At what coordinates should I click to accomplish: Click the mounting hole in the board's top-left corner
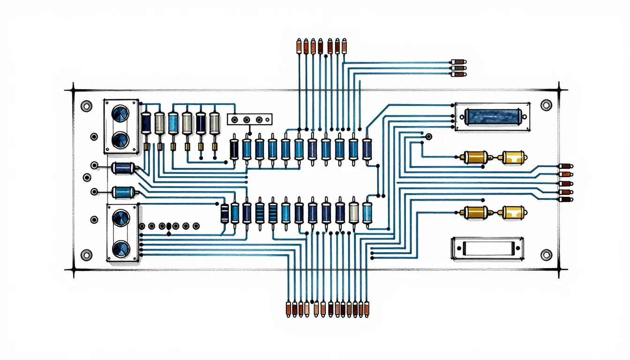click(x=86, y=106)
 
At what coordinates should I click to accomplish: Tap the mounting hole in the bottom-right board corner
click(x=546, y=255)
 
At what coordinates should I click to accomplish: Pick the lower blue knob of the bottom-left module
click(x=121, y=247)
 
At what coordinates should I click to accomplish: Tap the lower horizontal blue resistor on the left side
click(x=123, y=191)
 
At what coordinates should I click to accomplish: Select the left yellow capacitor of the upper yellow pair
click(x=476, y=157)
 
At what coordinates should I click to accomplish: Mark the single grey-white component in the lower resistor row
click(x=354, y=213)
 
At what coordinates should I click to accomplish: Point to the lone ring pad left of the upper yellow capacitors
click(x=428, y=137)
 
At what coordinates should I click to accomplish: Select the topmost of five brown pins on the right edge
click(x=565, y=166)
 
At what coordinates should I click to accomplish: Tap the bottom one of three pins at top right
click(x=458, y=74)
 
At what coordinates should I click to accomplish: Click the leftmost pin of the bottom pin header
click(x=288, y=308)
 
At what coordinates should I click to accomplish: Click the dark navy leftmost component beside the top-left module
click(x=146, y=123)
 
